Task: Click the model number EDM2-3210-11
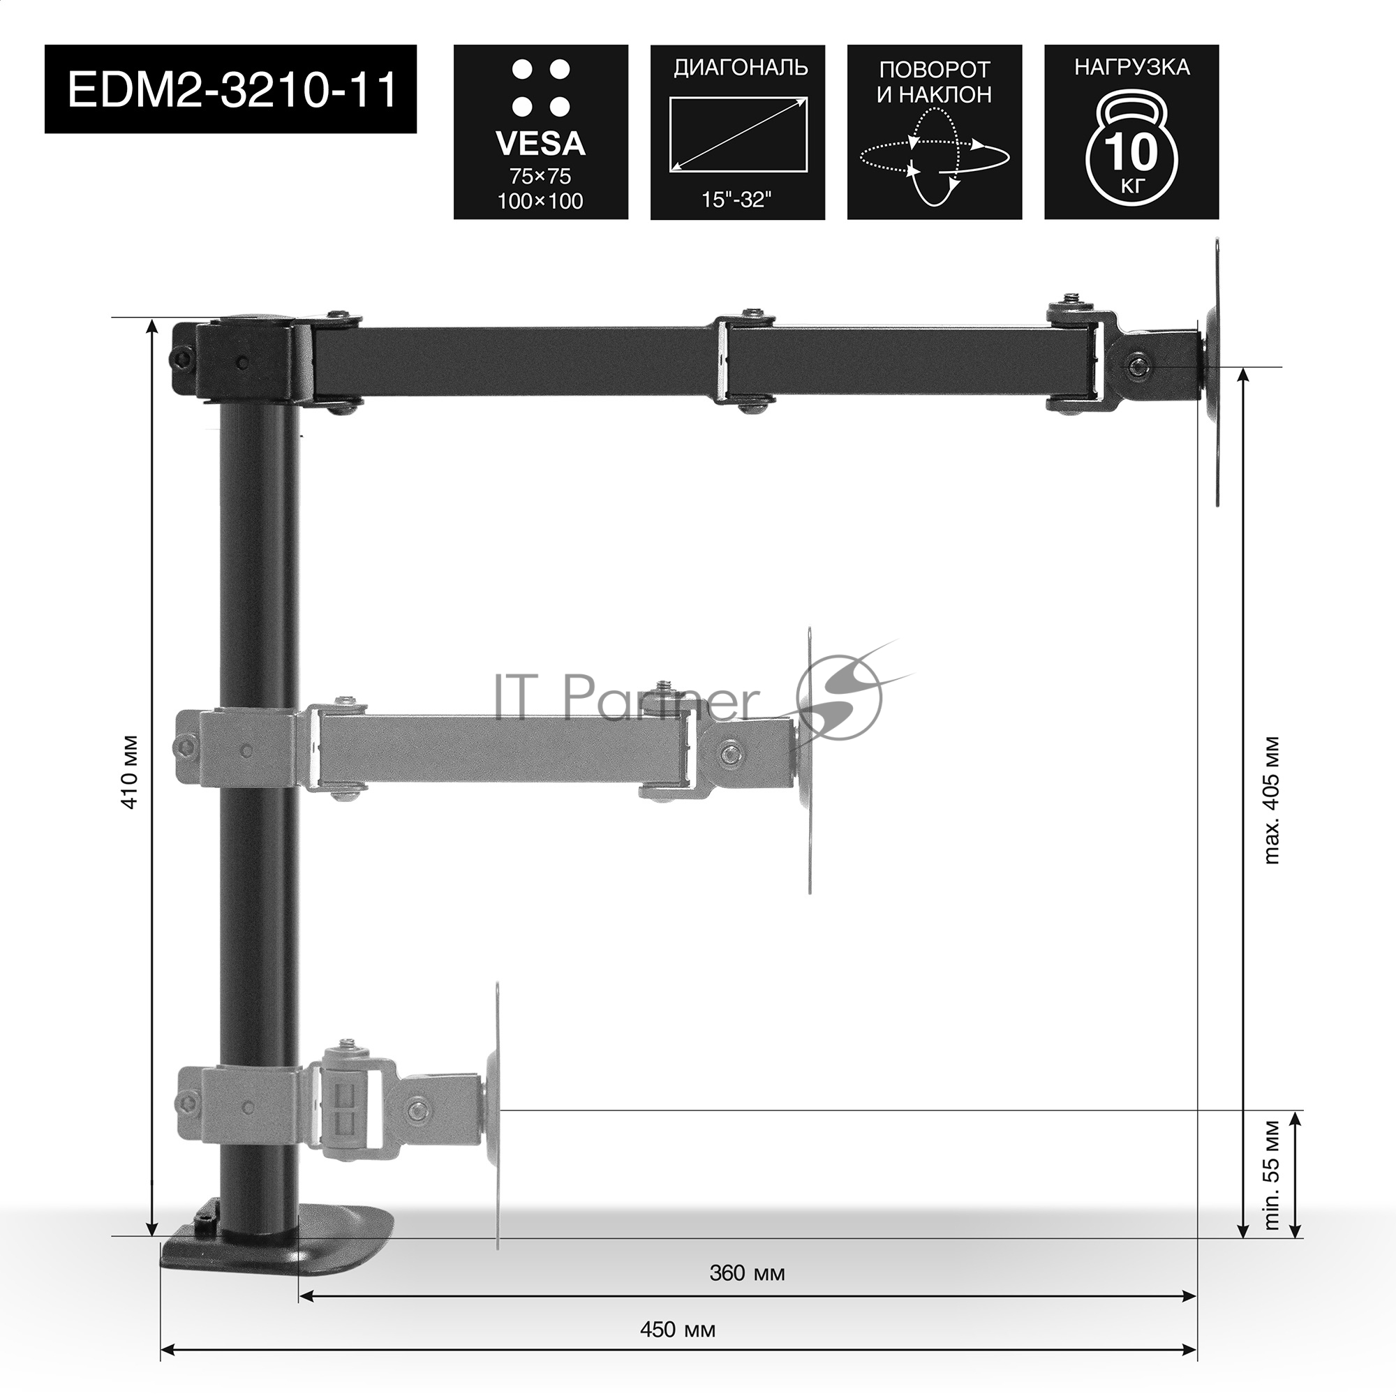pos(231,89)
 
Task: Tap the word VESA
pos(540,144)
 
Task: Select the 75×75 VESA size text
pos(540,177)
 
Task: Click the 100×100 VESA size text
pos(540,201)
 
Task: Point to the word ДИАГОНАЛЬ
pos(741,68)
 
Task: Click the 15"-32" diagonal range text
pos(737,200)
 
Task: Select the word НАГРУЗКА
pos(1131,67)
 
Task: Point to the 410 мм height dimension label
pos(131,773)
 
